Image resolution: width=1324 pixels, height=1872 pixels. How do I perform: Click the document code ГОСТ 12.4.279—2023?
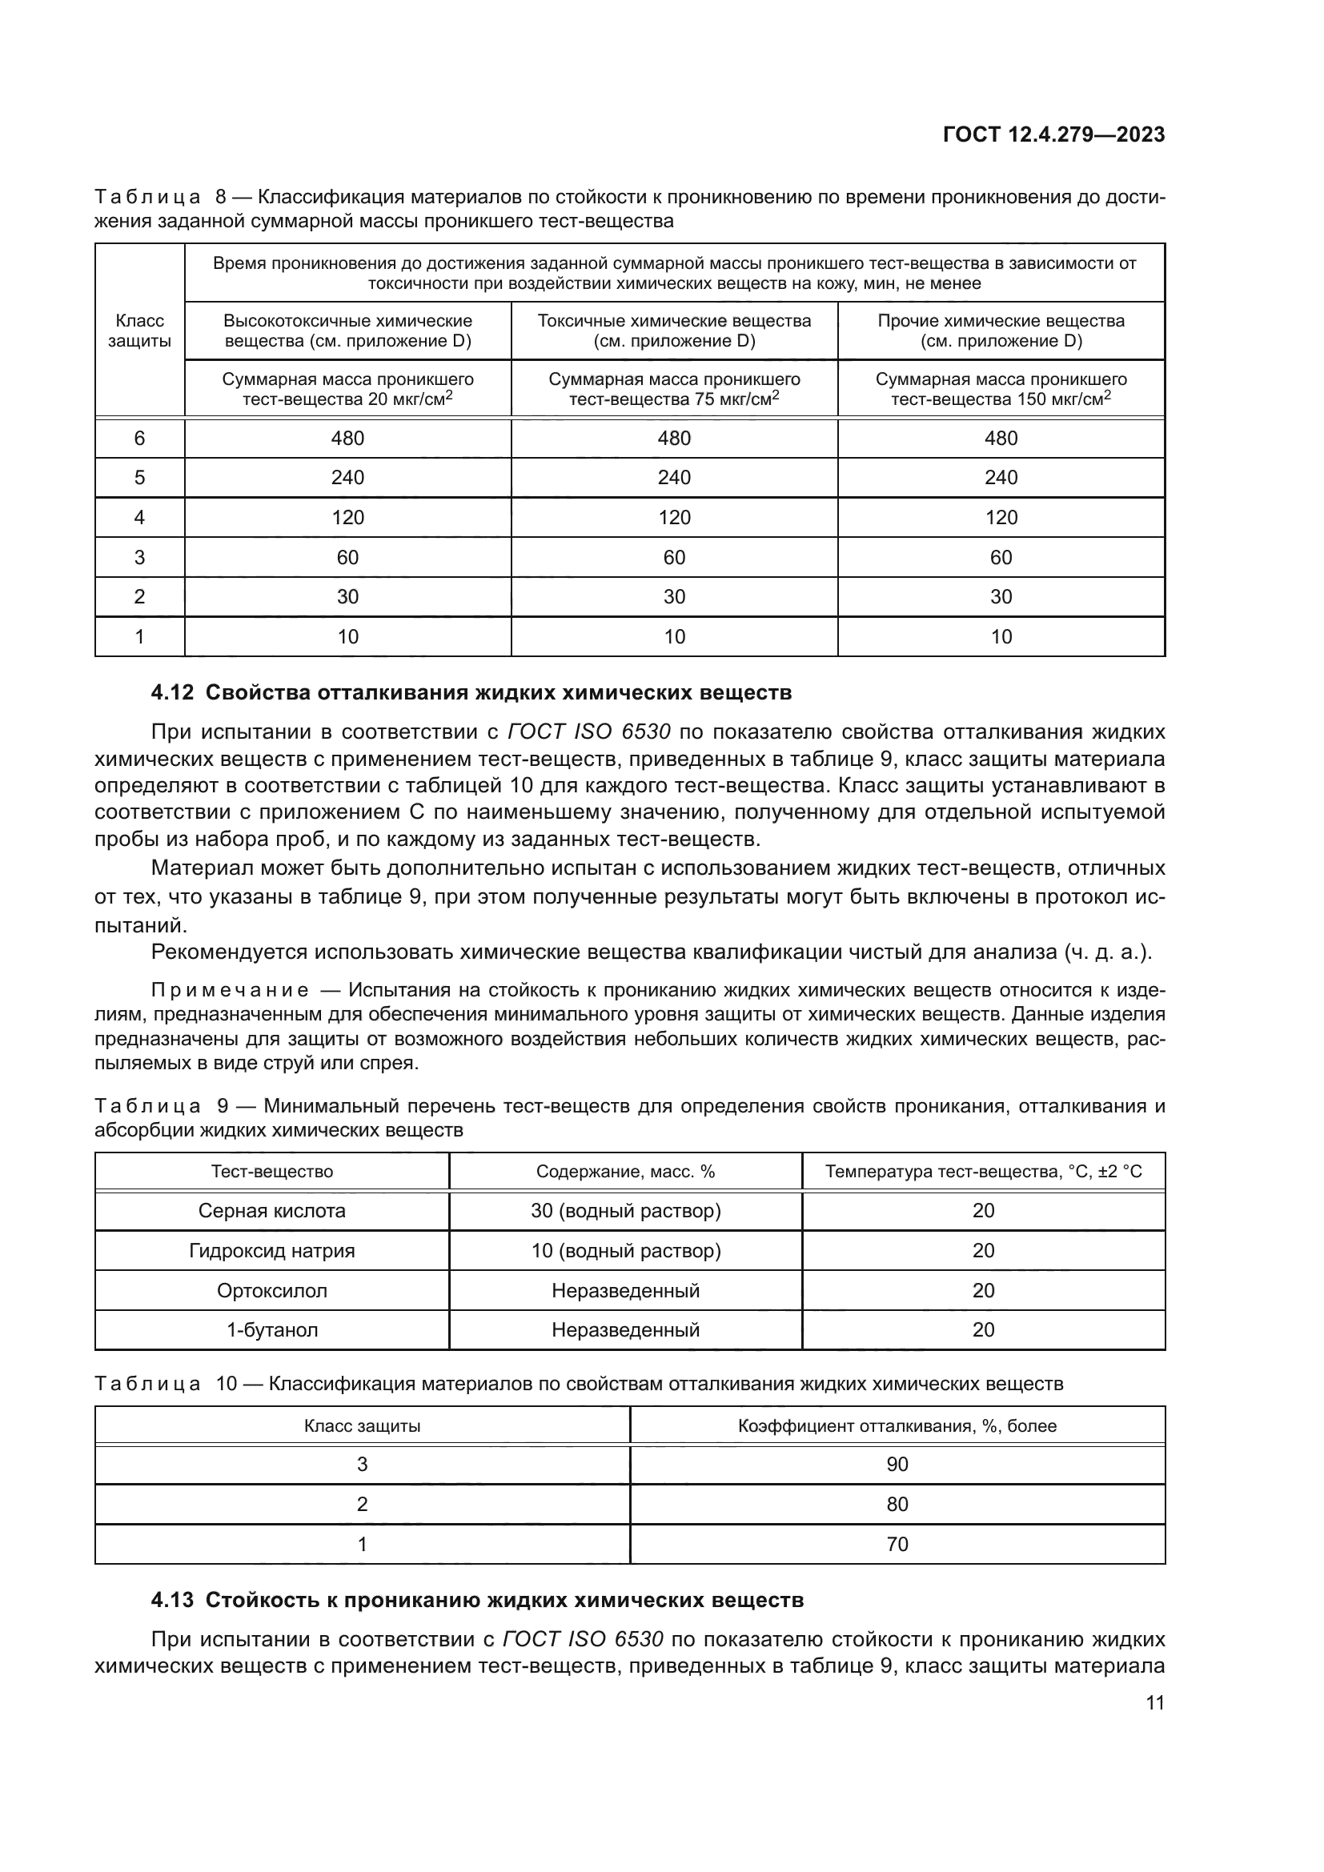(x=1053, y=134)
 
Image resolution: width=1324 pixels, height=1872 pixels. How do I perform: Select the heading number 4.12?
(x=172, y=692)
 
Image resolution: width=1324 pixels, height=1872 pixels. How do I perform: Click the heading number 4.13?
(x=172, y=1600)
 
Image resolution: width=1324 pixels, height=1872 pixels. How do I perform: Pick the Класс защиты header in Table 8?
(x=139, y=331)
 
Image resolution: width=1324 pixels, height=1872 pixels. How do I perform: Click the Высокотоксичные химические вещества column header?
(x=347, y=331)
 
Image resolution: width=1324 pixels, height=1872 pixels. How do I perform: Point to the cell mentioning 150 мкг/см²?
(x=1001, y=389)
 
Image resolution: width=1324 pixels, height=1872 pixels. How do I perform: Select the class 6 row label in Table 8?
(x=139, y=439)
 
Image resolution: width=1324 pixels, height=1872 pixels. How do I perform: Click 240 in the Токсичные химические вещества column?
(x=673, y=478)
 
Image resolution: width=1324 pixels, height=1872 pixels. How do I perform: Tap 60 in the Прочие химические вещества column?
(x=1001, y=558)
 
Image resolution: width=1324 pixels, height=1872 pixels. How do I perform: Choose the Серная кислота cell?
(x=271, y=1211)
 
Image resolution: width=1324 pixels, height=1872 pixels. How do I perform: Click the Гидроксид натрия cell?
(x=271, y=1251)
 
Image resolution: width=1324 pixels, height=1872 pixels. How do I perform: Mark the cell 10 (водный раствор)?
(x=625, y=1251)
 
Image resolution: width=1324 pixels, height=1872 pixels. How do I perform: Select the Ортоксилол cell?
(x=271, y=1291)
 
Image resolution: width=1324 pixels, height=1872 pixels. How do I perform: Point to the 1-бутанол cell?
(x=271, y=1330)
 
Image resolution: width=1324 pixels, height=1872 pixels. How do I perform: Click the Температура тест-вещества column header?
(x=983, y=1172)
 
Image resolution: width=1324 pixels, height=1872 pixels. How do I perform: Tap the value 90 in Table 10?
(x=897, y=1465)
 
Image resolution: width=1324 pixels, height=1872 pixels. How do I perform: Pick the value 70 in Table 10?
(x=897, y=1544)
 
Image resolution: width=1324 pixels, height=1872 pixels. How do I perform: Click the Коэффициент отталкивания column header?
(x=897, y=1426)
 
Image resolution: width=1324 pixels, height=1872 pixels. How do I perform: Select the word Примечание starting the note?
(x=230, y=991)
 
